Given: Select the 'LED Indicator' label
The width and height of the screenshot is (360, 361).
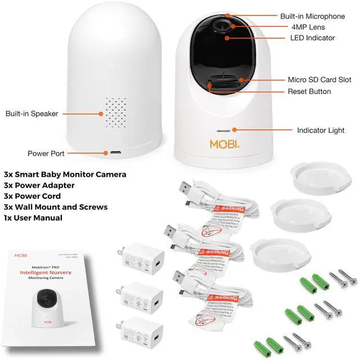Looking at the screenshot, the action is click(312, 38).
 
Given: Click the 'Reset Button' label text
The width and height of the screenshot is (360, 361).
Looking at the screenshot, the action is click(309, 91).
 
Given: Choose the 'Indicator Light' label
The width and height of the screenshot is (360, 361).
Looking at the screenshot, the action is click(321, 131).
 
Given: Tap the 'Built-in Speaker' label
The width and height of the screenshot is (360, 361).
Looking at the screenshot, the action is click(32, 114).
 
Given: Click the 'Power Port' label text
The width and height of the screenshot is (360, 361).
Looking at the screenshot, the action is click(46, 153).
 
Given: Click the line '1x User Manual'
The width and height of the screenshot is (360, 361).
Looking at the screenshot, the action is click(33, 218).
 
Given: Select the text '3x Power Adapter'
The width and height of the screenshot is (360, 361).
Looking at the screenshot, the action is click(39, 185).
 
